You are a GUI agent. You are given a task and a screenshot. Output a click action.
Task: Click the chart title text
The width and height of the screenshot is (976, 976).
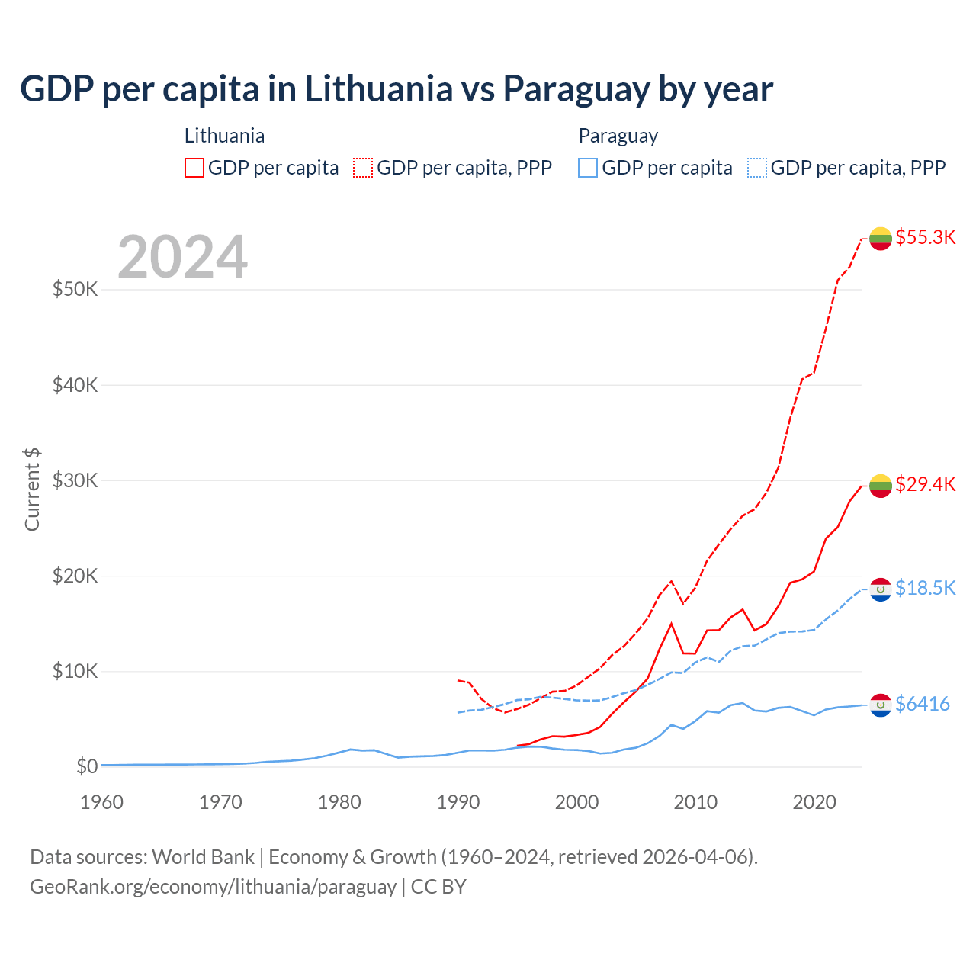396,89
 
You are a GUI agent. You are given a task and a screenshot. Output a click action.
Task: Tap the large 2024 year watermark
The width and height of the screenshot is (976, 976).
183,257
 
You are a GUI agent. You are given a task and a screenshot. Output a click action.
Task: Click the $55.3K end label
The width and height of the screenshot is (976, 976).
925,237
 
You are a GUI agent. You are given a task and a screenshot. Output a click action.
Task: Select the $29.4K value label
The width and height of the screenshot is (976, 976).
925,484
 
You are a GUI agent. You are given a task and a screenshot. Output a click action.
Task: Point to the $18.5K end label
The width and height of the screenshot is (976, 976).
925,588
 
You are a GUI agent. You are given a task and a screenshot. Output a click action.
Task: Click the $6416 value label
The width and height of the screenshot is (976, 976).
922,704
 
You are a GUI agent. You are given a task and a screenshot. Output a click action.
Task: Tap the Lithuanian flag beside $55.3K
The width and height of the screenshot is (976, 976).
881,238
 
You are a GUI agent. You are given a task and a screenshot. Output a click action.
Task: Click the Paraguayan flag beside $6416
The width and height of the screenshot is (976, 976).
881,705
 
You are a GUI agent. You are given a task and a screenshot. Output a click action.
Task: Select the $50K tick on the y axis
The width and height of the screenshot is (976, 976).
75,290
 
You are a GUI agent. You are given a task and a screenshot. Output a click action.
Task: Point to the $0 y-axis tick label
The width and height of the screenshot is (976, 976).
87,766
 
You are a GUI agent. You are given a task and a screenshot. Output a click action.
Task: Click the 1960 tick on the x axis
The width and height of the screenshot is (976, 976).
101,802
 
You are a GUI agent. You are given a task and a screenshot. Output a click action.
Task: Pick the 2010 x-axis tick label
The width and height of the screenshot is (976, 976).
695,802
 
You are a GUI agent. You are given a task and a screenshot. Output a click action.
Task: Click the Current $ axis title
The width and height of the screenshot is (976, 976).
32,490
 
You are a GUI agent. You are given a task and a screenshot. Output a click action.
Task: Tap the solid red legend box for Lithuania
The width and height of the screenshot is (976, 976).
194,168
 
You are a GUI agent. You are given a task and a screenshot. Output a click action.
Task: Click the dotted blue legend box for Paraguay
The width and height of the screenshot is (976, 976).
757,168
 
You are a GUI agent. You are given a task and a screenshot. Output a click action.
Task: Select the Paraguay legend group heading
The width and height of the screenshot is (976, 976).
618,136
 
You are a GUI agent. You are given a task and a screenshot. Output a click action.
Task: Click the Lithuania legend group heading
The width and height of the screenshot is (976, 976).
224,136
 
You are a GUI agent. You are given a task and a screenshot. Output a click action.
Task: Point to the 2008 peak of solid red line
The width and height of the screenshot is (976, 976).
671,624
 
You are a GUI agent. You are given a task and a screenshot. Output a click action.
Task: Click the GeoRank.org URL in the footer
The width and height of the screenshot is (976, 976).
213,887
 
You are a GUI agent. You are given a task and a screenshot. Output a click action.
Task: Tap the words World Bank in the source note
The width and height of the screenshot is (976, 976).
204,857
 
